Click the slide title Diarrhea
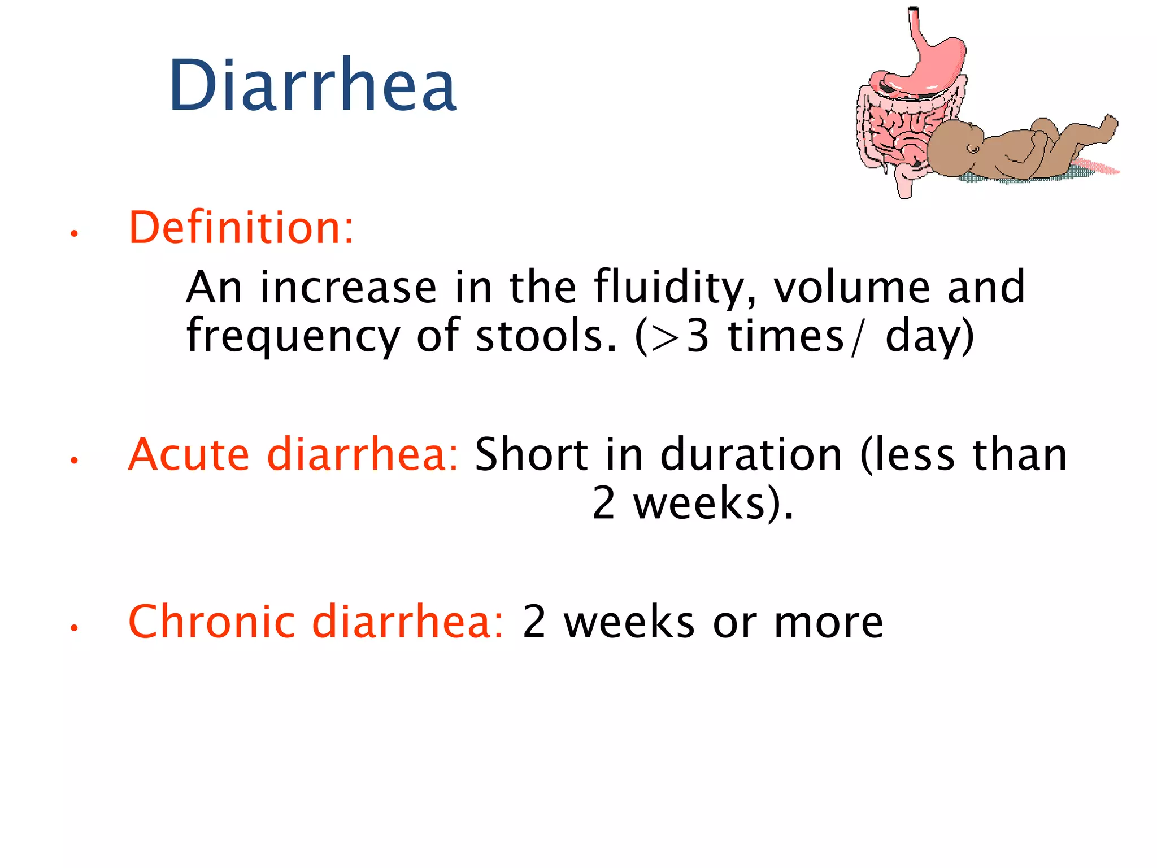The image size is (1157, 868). point(312,86)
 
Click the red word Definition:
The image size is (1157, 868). point(241,227)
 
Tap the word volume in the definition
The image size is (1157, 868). point(851,287)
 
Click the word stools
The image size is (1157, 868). point(546,336)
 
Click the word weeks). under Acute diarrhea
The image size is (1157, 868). point(713,503)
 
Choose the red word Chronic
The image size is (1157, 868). point(211,621)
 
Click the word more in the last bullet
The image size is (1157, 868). point(828,622)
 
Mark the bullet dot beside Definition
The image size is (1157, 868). point(73,233)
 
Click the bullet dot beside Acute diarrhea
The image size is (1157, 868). point(73,460)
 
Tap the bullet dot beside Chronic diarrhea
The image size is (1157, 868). point(73,627)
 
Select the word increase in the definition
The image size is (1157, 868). point(348,287)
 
